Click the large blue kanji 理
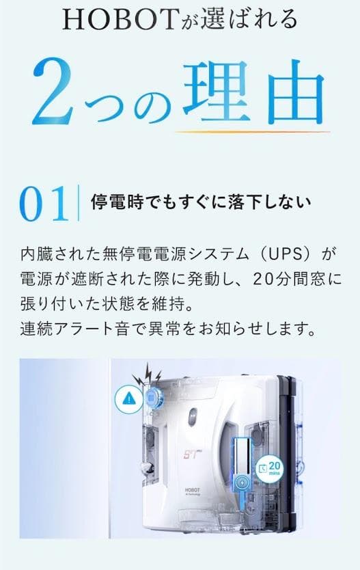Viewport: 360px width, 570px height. (x=218, y=90)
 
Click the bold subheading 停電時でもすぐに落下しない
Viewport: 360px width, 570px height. (x=201, y=202)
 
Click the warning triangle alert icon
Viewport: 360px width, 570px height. (x=127, y=398)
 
